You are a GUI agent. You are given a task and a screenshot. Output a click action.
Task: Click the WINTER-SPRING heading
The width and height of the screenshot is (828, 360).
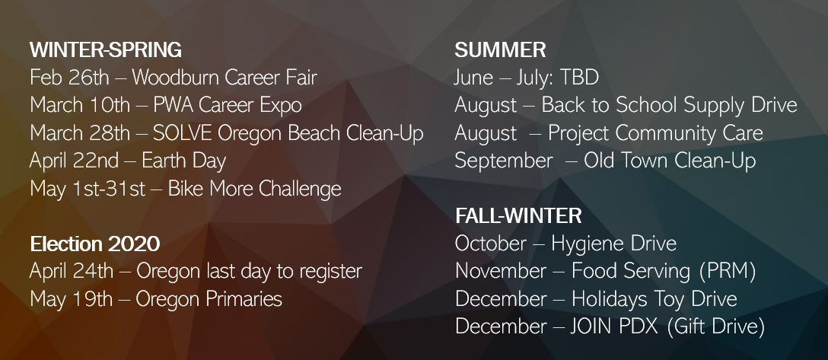(x=106, y=50)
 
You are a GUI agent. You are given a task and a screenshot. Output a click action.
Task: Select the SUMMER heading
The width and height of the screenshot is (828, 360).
(x=500, y=50)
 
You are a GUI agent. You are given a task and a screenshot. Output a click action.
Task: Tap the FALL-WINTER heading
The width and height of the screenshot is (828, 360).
(x=518, y=215)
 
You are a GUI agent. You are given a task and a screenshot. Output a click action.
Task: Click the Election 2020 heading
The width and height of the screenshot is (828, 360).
(x=95, y=244)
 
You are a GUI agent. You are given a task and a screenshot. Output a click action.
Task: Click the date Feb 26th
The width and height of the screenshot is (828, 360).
(x=70, y=78)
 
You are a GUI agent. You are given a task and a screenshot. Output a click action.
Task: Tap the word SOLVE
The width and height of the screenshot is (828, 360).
(x=183, y=133)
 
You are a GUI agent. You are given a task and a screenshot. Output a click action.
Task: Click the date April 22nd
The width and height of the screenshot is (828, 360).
(x=75, y=161)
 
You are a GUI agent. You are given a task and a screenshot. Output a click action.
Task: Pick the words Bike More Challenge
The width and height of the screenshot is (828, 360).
(x=254, y=189)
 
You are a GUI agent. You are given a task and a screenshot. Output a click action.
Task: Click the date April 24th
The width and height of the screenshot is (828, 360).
(x=72, y=271)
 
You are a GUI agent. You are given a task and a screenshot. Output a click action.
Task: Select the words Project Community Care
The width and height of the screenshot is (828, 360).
(x=655, y=133)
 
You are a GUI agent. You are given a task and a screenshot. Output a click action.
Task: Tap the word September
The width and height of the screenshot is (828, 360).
(x=504, y=161)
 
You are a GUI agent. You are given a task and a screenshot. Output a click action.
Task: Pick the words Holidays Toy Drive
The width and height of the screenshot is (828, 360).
(x=654, y=299)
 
